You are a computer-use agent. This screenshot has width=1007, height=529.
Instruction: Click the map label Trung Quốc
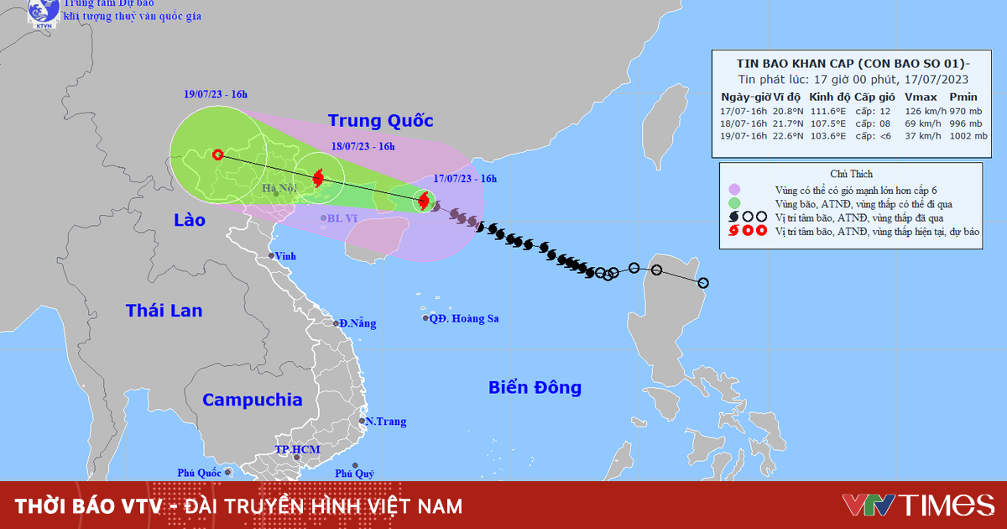380,120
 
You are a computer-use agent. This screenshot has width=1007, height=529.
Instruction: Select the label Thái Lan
164,311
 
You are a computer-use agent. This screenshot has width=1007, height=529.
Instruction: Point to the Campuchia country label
252,400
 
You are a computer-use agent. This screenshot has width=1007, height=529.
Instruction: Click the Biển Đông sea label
535,387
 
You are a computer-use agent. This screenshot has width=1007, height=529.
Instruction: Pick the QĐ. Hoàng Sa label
464,318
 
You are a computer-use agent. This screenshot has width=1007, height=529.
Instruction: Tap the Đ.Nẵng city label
357,323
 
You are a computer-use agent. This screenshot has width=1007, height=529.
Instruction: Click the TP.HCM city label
298,450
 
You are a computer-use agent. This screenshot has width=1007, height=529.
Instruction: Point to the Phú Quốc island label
199,473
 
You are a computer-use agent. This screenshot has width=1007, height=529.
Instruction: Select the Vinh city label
286,256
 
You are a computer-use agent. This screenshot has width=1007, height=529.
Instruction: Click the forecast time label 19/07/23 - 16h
216,94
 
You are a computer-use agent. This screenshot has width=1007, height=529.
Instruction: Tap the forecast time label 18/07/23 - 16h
362,146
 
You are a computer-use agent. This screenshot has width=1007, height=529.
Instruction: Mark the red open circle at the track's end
218,155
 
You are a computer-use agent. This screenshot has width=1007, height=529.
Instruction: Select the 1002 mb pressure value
962,136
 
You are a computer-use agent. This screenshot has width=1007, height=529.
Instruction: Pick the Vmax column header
921,97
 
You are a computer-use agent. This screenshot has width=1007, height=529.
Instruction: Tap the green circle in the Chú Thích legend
735,202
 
